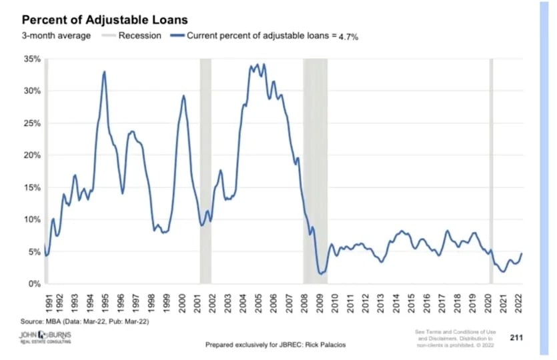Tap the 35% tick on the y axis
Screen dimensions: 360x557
[x=32, y=59]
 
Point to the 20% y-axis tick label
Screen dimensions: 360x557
[x=32, y=155]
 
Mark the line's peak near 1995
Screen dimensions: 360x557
[x=104, y=71]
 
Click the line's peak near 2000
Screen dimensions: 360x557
[x=184, y=96]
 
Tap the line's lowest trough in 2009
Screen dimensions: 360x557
[x=321, y=273]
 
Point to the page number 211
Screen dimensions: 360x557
[x=516, y=337]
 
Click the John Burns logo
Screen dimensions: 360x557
[x=46, y=337]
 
